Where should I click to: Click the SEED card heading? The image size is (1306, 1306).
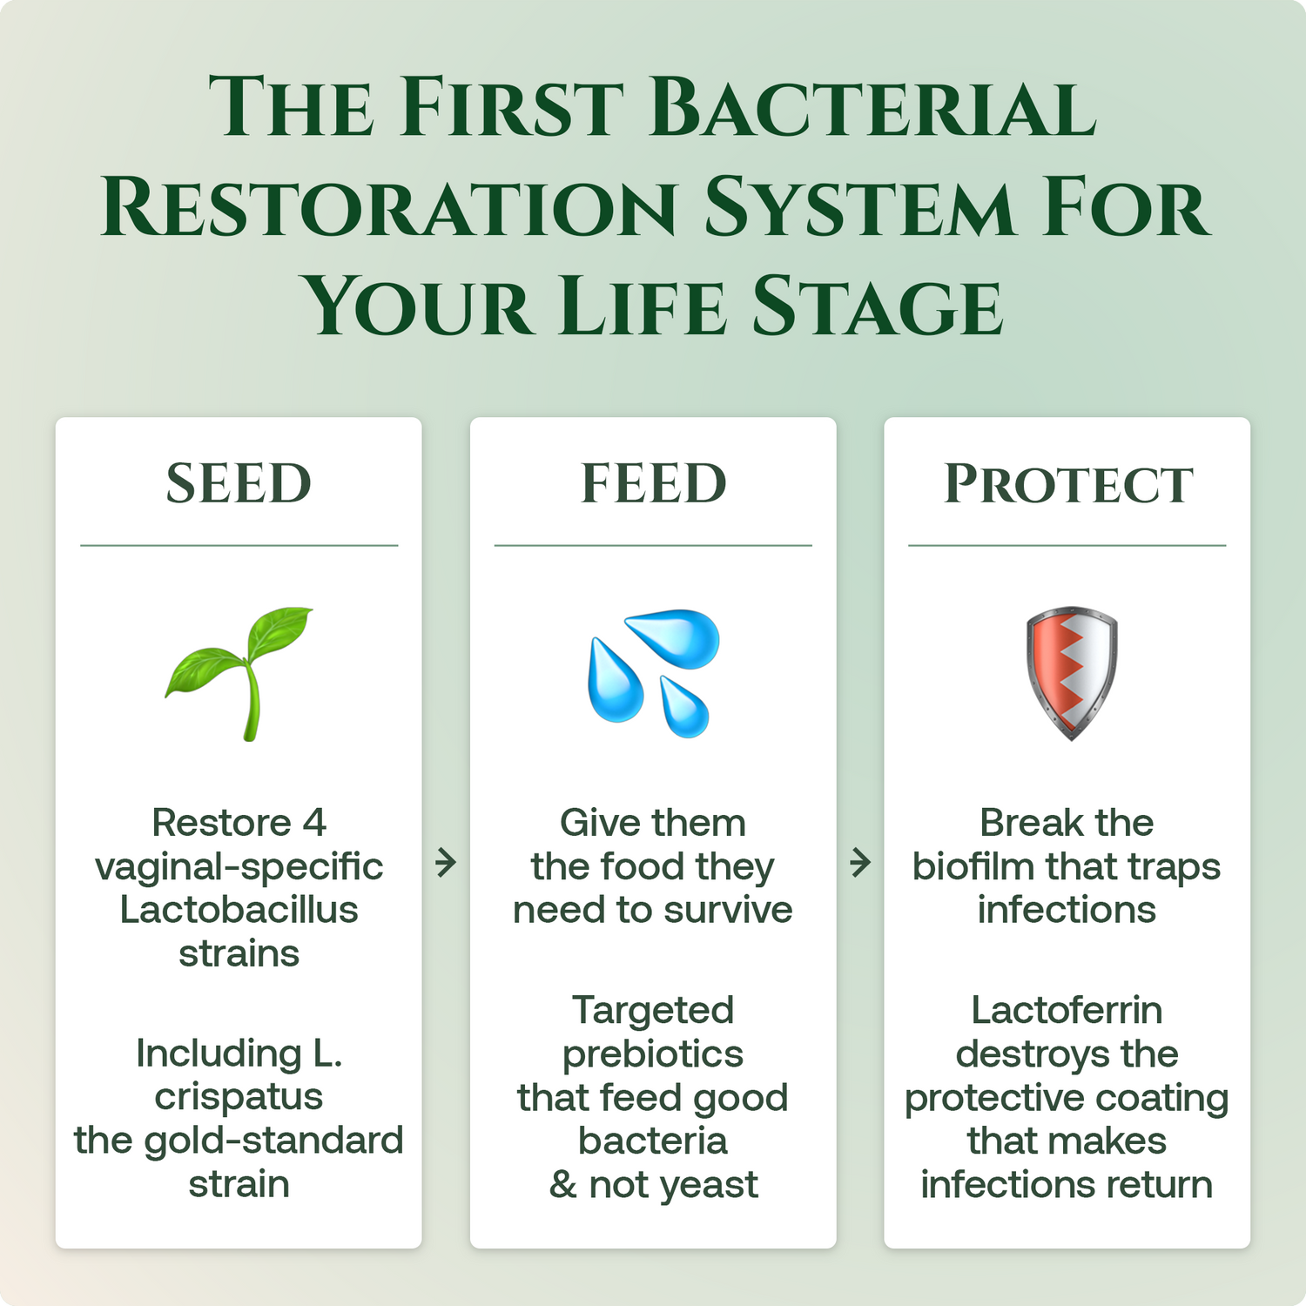(239, 483)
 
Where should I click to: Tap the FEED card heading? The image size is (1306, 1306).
(653, 483)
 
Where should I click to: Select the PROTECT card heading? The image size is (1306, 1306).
(1067, 483)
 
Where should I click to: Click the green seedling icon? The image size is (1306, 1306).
(239, 673)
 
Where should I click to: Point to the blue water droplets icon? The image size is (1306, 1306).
(653, 673)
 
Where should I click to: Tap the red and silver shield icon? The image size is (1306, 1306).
(1071, 673)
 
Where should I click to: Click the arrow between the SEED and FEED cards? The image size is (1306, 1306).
(446, 863)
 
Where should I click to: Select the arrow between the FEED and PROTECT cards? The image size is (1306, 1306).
(860, 863)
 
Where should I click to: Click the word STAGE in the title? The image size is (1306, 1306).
(878, 306)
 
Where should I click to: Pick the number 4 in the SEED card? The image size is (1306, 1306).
(314, 823)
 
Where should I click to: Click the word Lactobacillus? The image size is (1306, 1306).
(239, 910)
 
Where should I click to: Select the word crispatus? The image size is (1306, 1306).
(239, 1098)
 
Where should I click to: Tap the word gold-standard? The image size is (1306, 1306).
(273, 1141)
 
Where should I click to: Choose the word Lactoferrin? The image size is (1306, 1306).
(1067, 1011)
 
